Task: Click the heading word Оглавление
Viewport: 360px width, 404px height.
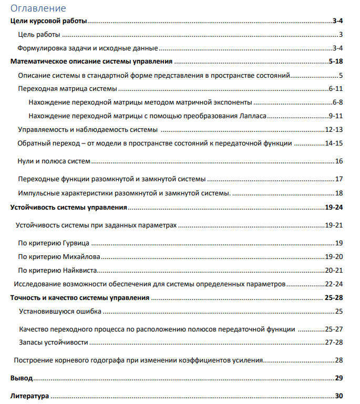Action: [x=38, y=8]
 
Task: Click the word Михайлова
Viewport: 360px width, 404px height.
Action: [x=81, y=257]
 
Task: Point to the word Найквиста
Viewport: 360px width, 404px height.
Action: [x=80, y=271]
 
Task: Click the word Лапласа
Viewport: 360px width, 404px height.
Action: [x=254, y=116]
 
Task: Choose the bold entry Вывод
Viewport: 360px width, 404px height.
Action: [x=22, y=378]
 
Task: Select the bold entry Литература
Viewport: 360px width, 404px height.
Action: [x=29, y=396]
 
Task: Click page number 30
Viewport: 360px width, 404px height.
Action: [x=339, y=396]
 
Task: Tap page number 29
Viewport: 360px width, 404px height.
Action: [x=339, y=378]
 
